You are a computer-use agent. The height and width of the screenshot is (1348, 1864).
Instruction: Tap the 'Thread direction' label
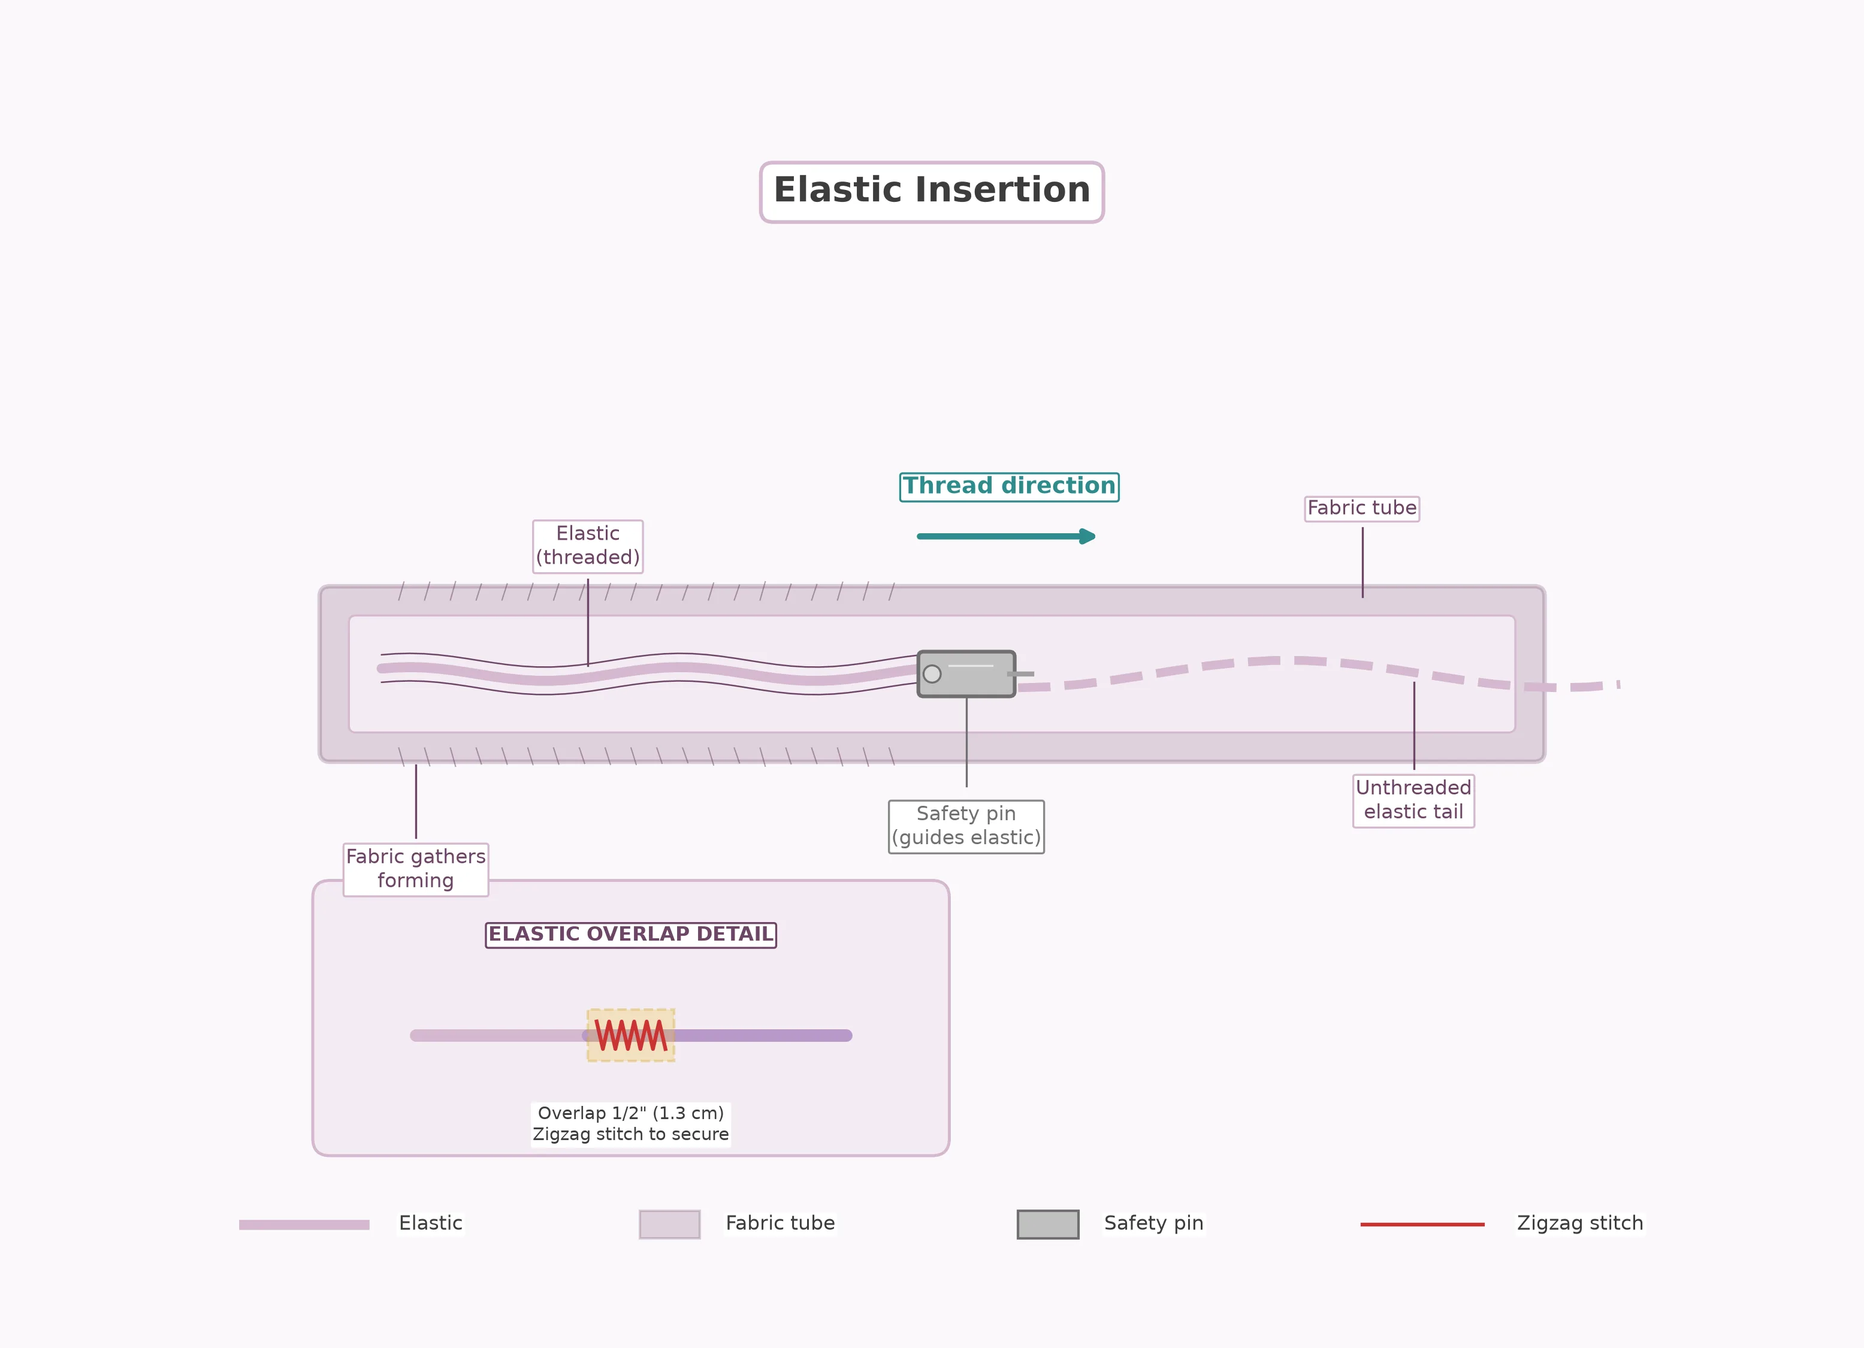tap(1009, 486)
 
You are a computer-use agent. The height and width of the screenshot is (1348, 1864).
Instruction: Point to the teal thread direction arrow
tap(1006, 536)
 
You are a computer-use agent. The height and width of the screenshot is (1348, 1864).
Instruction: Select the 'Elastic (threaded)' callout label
tap(588, 546)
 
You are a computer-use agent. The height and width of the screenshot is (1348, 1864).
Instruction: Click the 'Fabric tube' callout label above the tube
tap(1362, 508)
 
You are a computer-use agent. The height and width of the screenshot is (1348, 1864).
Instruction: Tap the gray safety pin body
tap(966, 674)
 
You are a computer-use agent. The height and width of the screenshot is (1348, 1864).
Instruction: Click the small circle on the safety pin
tap(932, 674)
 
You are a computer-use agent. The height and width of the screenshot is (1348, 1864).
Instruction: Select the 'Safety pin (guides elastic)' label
tap(966, 826)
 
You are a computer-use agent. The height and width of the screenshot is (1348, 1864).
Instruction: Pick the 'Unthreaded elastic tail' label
tap(1413, 800)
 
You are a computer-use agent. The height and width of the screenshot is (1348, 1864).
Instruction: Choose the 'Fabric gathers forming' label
tap(416, 869)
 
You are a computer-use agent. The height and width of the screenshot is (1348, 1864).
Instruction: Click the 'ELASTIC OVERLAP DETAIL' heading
tap(630, 935)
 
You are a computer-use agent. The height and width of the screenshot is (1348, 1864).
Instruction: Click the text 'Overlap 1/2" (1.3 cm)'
tap(630, 1113)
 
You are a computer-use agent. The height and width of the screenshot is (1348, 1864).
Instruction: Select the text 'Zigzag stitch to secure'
tap(630, 1134)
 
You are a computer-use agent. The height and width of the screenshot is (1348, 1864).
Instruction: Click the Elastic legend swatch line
tap(304, 1225)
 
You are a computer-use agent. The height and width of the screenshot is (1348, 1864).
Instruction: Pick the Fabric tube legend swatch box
tap(670, 1224)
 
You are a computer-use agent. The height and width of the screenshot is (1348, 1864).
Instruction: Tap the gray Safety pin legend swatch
tap(1048, 1224)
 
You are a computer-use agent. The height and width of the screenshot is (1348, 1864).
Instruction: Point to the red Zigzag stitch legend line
tap(1422, 1225)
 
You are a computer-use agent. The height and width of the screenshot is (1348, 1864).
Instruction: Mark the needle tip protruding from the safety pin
tap(1033, 674)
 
